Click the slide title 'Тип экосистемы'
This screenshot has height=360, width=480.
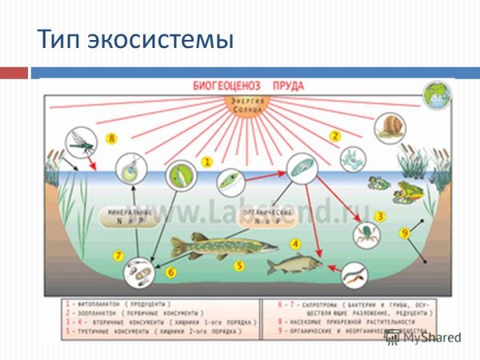[x=136, y=38]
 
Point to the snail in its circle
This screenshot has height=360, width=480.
[x=390, y=127]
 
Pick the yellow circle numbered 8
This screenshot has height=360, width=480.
[x=112, y=139]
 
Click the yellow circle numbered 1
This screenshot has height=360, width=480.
[x=206, y=162]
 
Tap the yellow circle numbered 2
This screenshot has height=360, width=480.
[x=336, y=136]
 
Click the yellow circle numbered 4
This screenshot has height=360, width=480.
[x=295, y=243]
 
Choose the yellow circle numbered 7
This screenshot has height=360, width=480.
[x=118, y=256]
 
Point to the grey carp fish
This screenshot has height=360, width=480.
[x=294, y=263]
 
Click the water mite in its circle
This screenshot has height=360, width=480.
[x=366, y=234]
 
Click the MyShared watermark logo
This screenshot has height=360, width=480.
[x=424, y=338]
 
